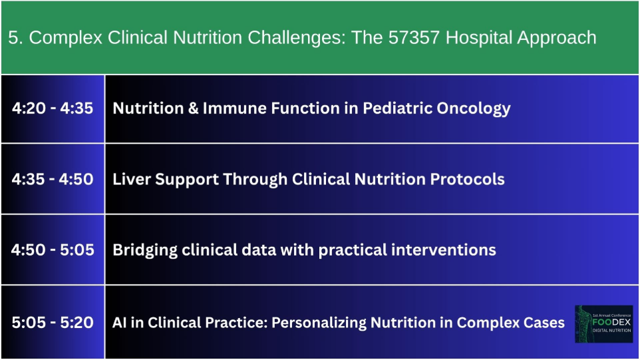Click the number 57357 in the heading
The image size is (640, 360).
(x=414, y=37)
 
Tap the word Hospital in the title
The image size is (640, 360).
(x=479, y=37)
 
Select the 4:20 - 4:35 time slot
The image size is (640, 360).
(x=53, y=108)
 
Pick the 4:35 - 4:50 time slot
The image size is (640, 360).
(x=53, y=179)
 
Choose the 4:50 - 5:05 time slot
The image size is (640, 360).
(x=53, y=250)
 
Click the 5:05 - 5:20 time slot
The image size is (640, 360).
(x=53, y=323)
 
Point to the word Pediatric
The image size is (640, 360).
(x=398, y=108)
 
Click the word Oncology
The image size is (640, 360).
(x=474, y=109)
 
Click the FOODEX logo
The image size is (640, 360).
(x=603, y=324)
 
